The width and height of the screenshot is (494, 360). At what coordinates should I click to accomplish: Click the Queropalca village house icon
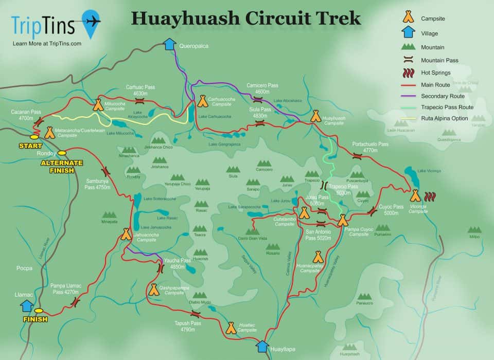(169, 45)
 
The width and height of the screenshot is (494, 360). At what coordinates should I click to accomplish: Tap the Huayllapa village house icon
(262, 346)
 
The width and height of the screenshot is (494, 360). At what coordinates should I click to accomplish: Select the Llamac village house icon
(26, 305)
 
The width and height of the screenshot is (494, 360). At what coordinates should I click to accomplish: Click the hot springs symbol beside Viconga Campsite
(431, 196)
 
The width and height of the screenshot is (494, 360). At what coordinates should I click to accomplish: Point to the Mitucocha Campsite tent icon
(97, 106)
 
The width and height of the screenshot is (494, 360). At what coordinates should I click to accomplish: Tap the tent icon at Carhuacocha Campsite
(202, 101)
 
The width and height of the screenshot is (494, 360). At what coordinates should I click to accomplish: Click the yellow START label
(30, 146)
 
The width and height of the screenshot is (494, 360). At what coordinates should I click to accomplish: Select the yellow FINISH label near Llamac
(36, 319)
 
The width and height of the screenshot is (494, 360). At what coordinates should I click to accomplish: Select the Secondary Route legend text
(443, 96)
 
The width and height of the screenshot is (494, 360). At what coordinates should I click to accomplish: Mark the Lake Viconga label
(429, 171)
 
